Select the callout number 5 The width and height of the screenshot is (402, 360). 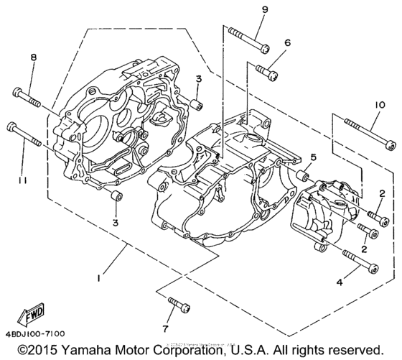312,157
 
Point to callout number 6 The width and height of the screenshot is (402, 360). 287,43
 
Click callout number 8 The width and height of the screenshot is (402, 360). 32,59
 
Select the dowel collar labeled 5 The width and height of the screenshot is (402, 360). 304,175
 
